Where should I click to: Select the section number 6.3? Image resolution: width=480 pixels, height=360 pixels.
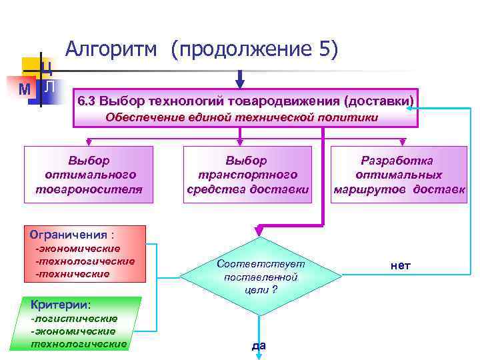coord(87,101)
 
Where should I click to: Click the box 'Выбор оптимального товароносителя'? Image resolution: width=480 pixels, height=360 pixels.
coord(89,175)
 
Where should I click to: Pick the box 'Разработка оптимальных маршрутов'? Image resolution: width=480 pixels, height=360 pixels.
coord(397,175)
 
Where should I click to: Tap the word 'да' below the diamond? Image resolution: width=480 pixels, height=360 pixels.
coord(259,345)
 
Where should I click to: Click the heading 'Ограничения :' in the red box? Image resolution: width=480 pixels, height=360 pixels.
coord(73,235)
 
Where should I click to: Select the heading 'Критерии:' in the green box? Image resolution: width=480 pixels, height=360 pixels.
coord(61,304)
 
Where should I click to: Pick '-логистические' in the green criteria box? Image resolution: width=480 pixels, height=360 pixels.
coord(74,319)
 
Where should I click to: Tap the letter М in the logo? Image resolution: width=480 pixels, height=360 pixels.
coord(25,89)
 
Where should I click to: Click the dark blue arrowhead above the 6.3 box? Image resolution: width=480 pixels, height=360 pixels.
coord(241,83)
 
